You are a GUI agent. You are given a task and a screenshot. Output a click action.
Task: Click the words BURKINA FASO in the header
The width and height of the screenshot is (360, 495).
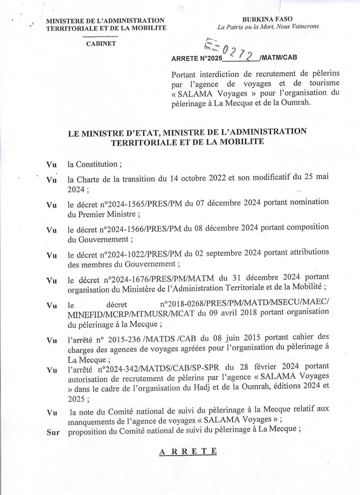point(267,19)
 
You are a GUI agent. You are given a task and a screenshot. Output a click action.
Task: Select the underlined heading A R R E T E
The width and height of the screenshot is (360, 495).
point(188,451)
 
